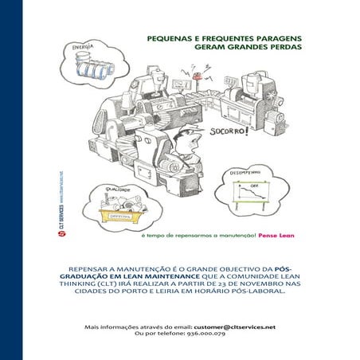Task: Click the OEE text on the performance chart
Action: coord(256,187)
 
